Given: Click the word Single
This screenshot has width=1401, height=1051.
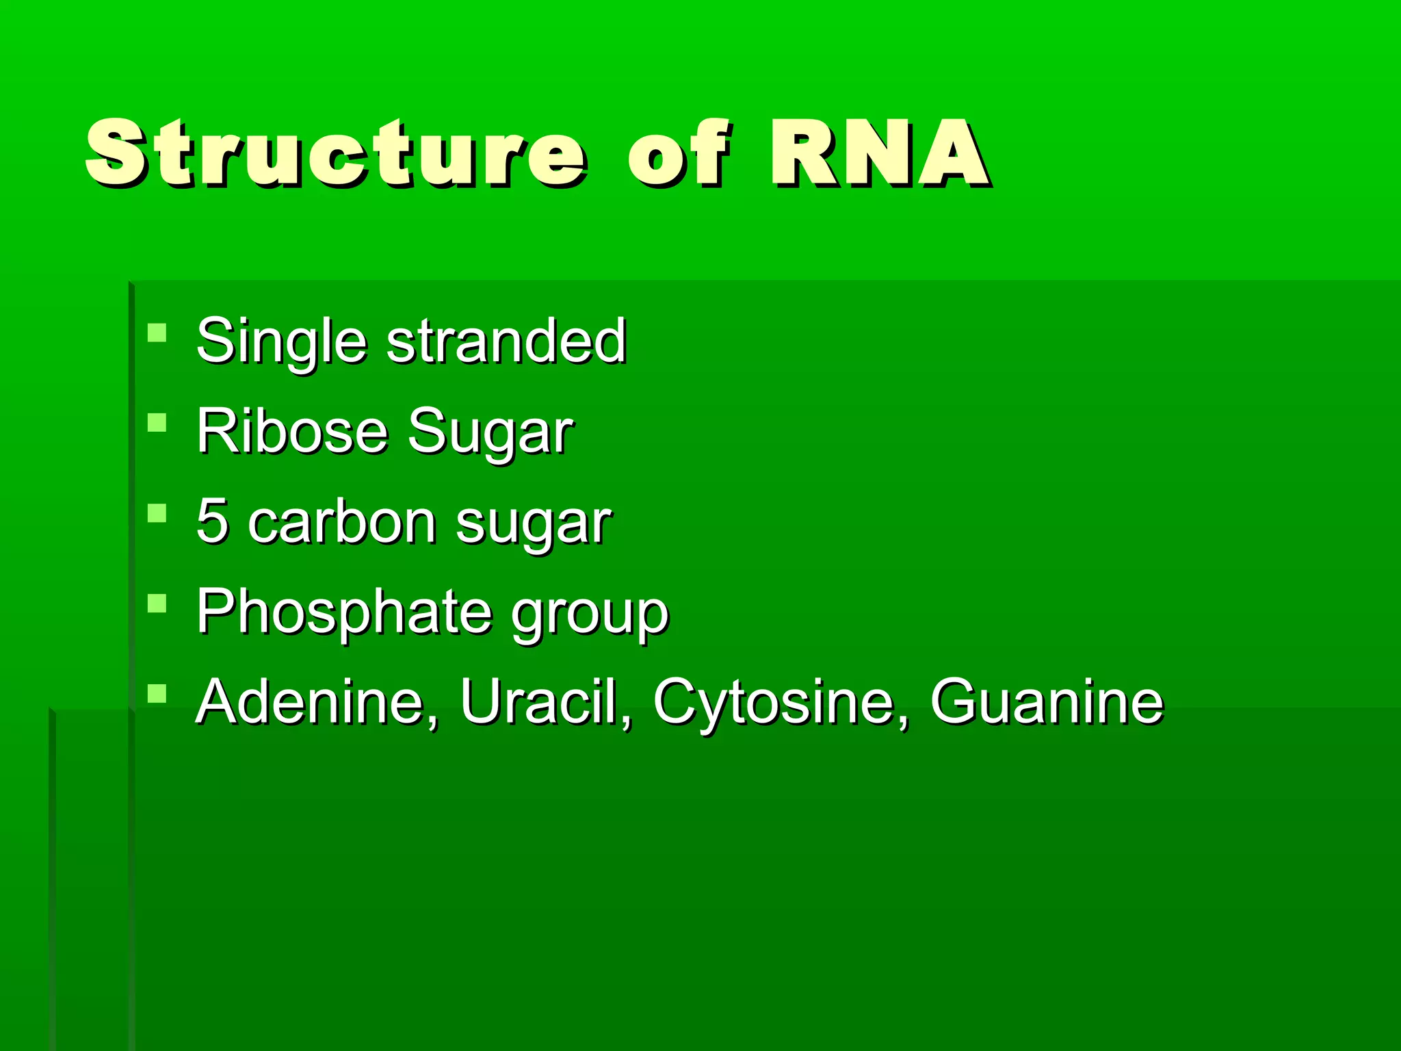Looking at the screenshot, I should (x=281, y=341).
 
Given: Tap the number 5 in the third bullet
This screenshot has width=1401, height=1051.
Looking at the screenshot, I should (x=211, y=521).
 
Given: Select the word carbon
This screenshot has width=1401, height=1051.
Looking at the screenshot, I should (x=342, y=521).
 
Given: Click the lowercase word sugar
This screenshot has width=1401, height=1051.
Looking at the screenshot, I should (x=533, y=524).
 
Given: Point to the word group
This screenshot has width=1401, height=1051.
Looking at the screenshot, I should (x=590, y=614).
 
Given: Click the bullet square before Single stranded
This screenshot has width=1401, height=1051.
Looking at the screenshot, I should (x=157, y=333).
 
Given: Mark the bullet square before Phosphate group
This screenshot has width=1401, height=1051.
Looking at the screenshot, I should (x=157, y=603).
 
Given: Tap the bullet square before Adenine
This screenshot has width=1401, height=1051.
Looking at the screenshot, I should (x=157, y=693).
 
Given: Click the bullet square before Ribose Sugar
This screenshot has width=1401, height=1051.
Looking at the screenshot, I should (x=157, y=422).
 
